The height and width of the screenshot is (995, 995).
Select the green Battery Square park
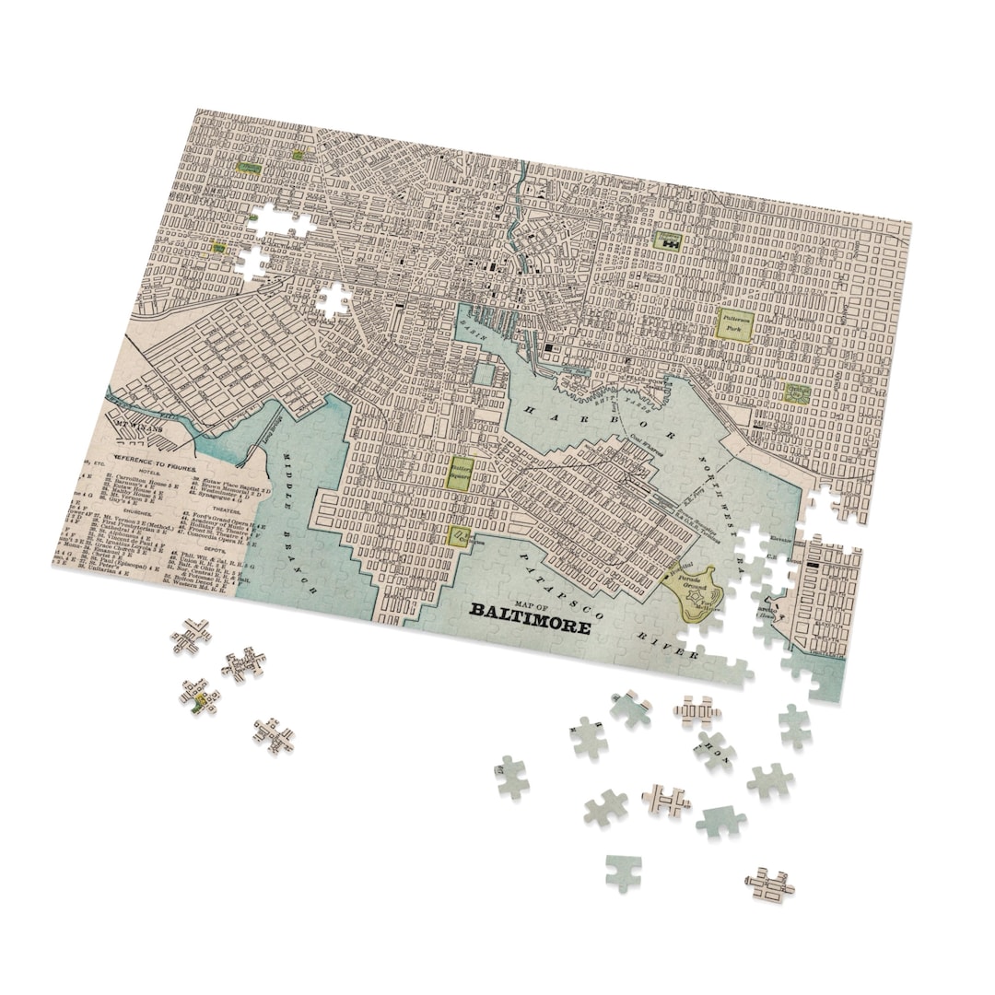click(x=461, y=474)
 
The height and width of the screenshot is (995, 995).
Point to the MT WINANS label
click(x=139, y=427)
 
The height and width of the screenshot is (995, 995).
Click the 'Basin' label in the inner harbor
click(x=474, y=322)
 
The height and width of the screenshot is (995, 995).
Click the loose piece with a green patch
click(x=199, y=696)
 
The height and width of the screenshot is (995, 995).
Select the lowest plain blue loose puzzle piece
click(x=624, y=872)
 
